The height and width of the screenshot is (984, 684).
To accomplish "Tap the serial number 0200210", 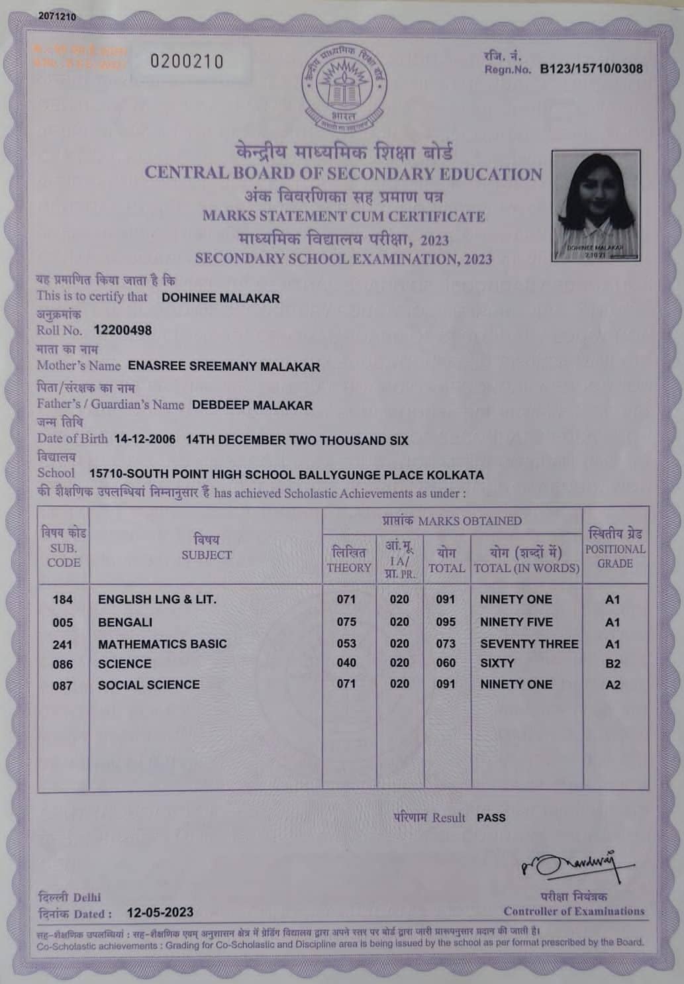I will click(x=187, y=62).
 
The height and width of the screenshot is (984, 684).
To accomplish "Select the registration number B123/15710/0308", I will click(x=591, y=69).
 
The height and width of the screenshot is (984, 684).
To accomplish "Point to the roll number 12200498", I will click(x=122, y=330).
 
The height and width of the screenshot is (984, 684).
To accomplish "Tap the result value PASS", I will click(x=491, y=818).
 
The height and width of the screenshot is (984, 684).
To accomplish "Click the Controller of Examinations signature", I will click(x=576, y=863).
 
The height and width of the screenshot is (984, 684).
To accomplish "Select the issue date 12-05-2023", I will click(x=160, y=912).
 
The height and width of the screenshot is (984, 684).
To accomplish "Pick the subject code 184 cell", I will click(x=63, y=600).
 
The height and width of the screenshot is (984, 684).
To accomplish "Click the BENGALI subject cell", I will click(x=125, y=622).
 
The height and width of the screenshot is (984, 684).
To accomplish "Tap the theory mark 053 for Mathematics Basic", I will click(x=346, y=644).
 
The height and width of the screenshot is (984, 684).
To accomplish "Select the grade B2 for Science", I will click(x=612, y=664).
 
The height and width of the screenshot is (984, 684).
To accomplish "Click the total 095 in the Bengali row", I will click(x=446, y=622).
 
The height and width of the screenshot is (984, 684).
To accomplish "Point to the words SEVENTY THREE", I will click(x=529, y=644).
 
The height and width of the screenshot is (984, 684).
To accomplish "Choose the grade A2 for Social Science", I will click(x=612, y=685).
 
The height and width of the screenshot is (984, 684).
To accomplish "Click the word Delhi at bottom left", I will click(x=87, y=897).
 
